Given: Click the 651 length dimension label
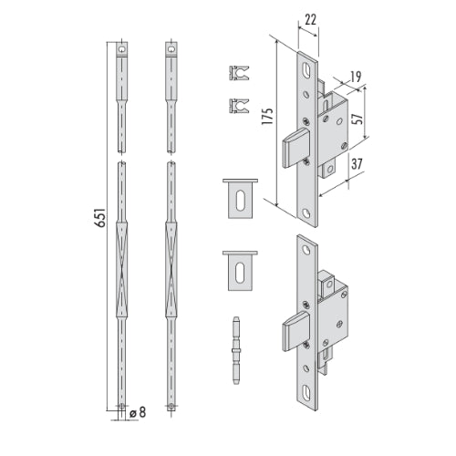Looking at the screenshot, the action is [100, 217].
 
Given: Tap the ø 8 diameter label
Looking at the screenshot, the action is [138, 412].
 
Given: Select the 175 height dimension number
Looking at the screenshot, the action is [267, 116].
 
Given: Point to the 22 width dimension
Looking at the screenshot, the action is [310, 20].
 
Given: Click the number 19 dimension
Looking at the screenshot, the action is [356, 77].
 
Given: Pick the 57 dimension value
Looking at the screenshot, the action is [358, 118].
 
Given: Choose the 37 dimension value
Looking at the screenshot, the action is [357, 164].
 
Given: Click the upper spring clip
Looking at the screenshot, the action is [239, 73].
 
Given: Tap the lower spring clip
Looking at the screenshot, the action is [239, 106].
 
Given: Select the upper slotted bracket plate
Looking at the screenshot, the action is [240, 199].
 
